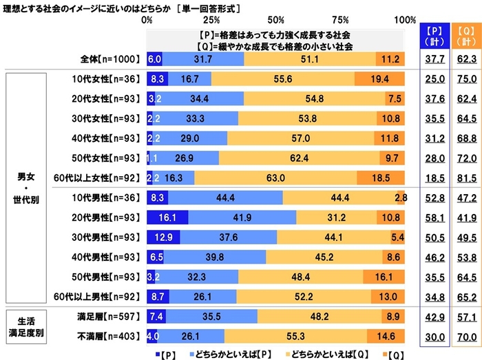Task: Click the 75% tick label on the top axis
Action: [343, 20]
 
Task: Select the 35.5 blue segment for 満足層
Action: [212, 317]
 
